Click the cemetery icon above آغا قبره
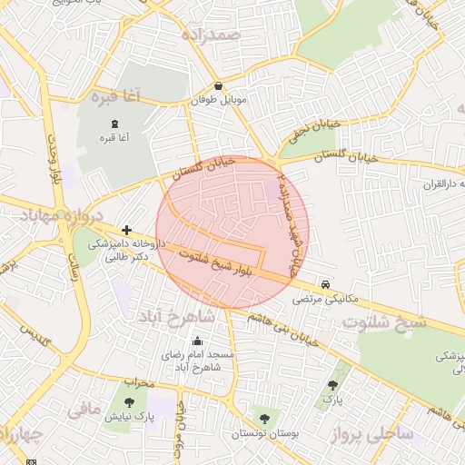(x=114, y=124)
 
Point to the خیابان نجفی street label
(x=312, y=129)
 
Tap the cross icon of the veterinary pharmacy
(x=125, y=232)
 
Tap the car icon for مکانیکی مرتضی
(x=325, y=283)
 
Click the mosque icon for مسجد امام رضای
(x=198, y=341)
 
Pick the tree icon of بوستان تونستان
(x=264, y=419)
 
